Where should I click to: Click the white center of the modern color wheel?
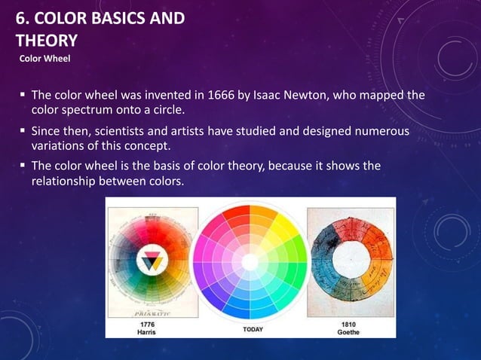coord(250,261)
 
